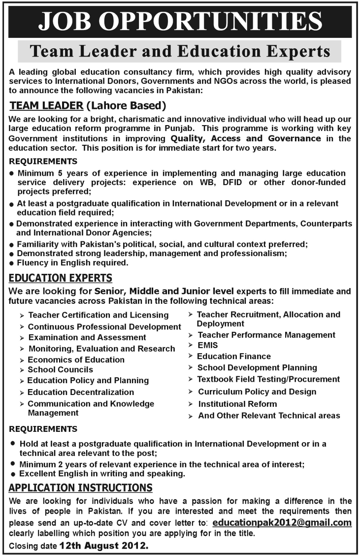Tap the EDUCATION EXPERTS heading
pyautogui.click(x=61, y=278)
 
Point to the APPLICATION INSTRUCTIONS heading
pyautogui.click(x=81, y=488)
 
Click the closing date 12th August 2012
pyautogui.click(x=103, y=546)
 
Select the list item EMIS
pyautogui.click(x=207, y=345)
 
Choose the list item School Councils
pyautogui.click(x=60, y=369)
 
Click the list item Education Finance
pyautogui.click(x=234, y=356)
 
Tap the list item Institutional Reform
pyautogui.click(x=237, y=404)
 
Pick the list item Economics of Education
pyautogui.click(x=76, y=359)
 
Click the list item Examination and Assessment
pyautogui.click(x=87, y=337)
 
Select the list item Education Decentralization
pyautogui.click(x=81, y=392)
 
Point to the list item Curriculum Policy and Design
pyautogui.click(x=257, y=392)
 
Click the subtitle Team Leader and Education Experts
pyautogui.click(x=180, y=51)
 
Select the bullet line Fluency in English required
pyautogui.click(x=73, y=263)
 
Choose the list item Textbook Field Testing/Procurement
pyautogui.click(x=268, y=379)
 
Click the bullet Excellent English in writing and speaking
pyautogui.click(x=102, y=474)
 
